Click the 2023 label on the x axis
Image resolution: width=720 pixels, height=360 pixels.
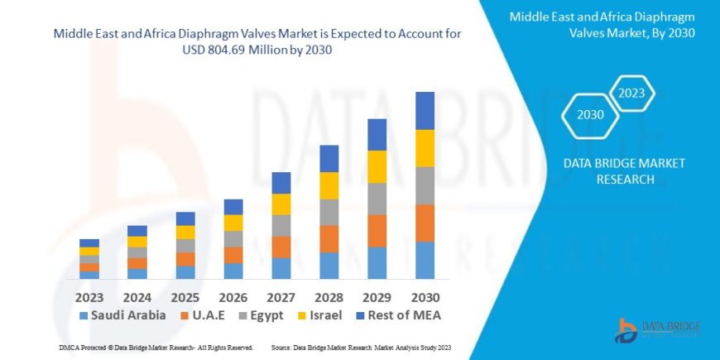pyautogui.click(x=89, y=296)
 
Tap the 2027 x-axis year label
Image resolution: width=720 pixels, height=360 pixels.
pyautogui.click(x=281, y=296)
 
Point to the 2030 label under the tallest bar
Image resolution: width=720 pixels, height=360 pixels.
pyautogui.click(x=425, y=296)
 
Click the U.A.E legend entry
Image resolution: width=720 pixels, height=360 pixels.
pyautogui.click(x=206, y=315)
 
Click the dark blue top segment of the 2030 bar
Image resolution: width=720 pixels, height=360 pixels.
pyautogui.click(x=425, y=110)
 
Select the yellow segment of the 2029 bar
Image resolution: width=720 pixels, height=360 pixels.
pyautogui.click(x=377, y=166)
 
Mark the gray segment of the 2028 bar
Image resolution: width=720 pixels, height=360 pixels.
pyautogui.click(x=329, y=212)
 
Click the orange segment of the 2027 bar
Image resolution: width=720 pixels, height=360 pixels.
pyautogui.click(x=281, y=247)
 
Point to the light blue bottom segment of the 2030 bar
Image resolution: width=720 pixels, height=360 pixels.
pyautogui.click(x=425, y=260)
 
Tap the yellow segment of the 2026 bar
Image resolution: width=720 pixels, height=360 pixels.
pyautogui.click(x=233, y=223)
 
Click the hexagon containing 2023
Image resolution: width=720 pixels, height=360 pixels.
pyautogui.click(x=631, y=93)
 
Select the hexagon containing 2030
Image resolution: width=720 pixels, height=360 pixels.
pyautogui.click(x=590, y=115)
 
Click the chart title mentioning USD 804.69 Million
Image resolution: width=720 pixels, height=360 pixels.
pyautogui.click(x=257, y=41)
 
